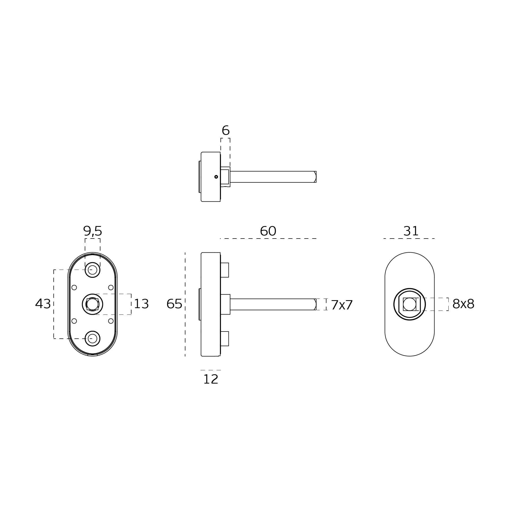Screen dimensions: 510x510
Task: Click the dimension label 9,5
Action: coord(92,231)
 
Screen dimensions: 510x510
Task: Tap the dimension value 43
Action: coord(43,304)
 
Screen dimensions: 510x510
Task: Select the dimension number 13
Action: coord(141,304)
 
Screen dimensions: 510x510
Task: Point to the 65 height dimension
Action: coord(174,304)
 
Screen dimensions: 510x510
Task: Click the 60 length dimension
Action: coord(268,231)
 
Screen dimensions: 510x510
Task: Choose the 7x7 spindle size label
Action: coord(342,305)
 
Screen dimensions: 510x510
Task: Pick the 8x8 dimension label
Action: coord(463,304)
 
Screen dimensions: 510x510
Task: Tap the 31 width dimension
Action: coord(411,231)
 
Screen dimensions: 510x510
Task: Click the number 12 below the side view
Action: coord(211,379)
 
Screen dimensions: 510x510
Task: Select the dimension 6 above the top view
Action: coord(226,130)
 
